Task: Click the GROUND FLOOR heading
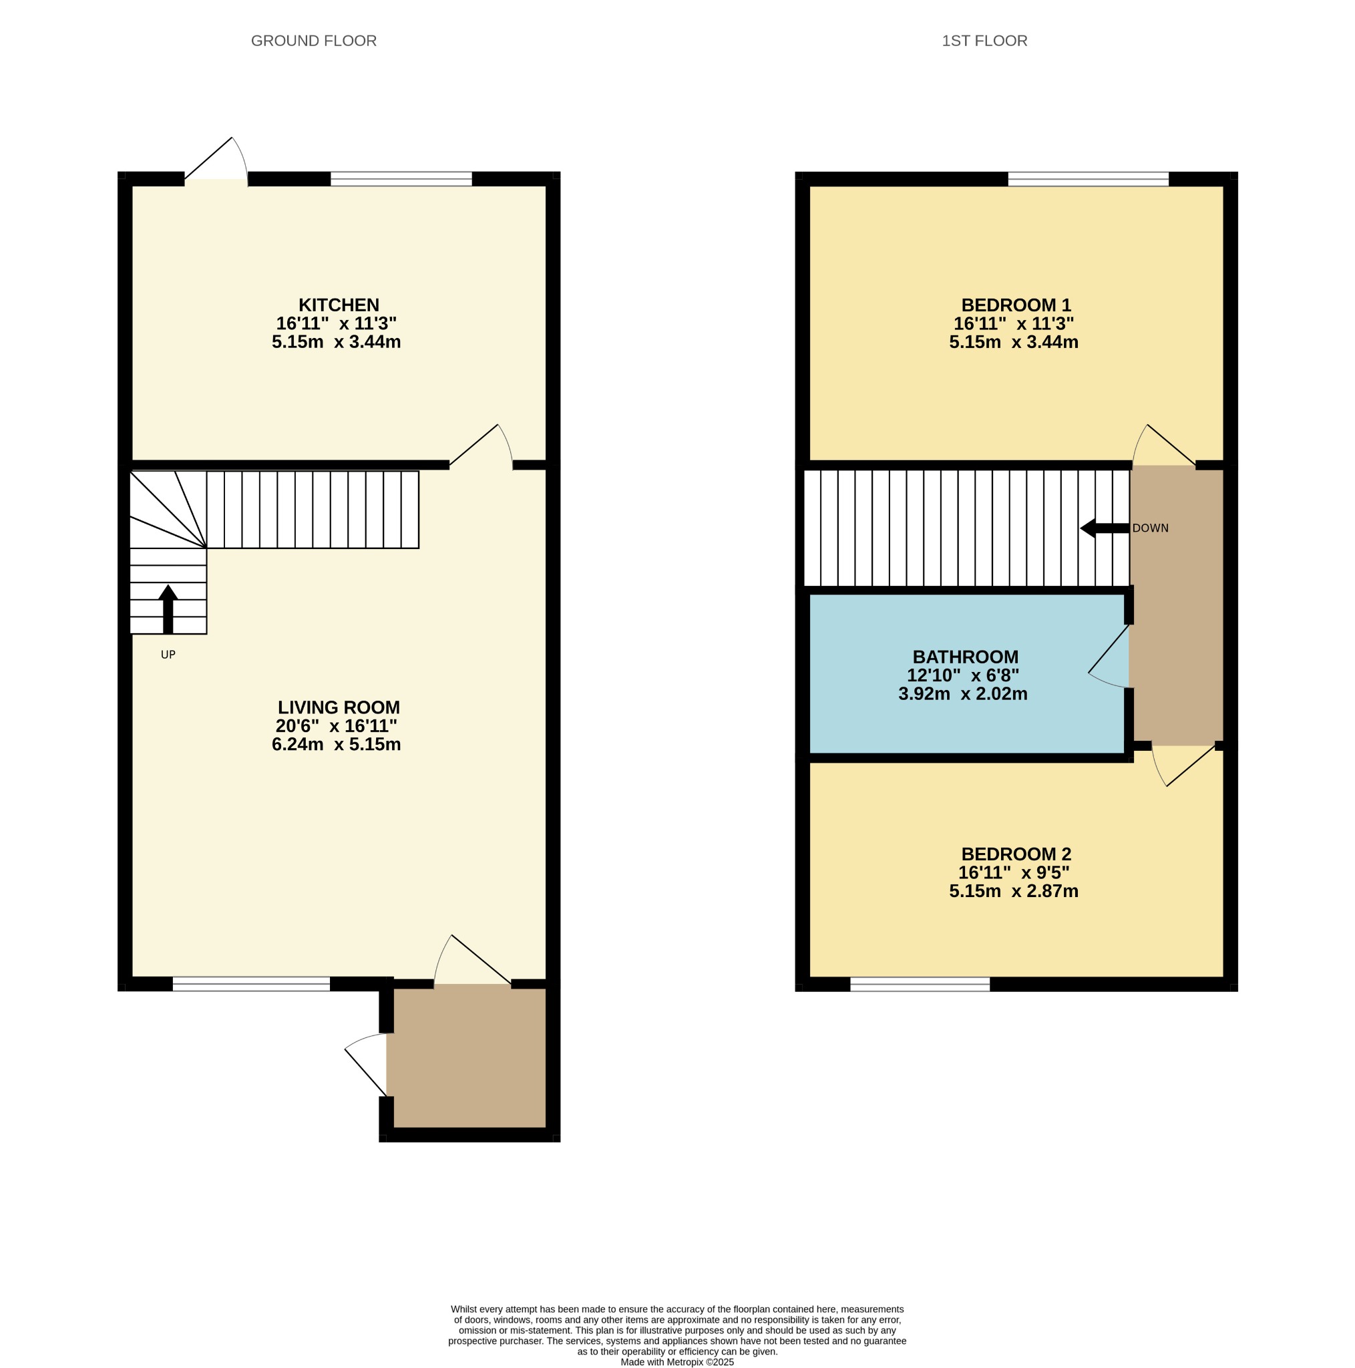314,41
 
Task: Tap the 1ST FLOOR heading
984,41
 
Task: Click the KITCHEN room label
339,305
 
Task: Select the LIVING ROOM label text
339,707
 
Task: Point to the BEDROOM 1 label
1016,305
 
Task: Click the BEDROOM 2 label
1016,854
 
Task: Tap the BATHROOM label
965,657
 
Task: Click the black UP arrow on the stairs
168,609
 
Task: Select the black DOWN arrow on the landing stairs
1105,528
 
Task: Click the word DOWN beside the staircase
1151,528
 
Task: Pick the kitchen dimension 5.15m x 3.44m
337,342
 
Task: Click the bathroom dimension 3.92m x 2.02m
963,694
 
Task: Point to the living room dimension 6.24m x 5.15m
337,744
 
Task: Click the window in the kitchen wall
401,178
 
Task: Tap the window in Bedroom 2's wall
920,984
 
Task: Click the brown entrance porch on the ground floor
469,1057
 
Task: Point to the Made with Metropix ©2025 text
676,1361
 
